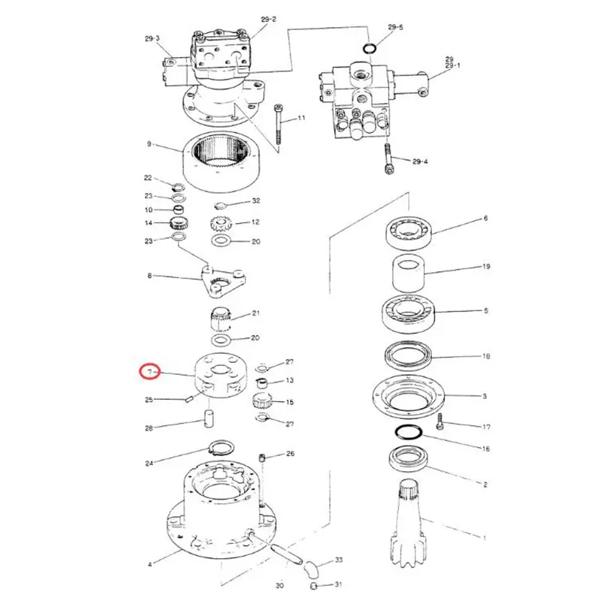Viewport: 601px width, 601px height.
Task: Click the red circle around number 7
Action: pos(150,372)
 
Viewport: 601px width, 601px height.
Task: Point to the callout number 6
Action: pos(485,219)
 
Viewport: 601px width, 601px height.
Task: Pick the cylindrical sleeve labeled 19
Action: pos(409,272)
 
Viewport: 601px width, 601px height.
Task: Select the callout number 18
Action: pos(486,356)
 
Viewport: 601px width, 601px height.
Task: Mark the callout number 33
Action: pos(339,560)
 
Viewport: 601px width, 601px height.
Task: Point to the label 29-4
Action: pos(420,162)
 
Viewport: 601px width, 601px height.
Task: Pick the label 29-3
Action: pos(153,38)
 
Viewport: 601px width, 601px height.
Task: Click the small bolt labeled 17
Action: pos(440,421)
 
